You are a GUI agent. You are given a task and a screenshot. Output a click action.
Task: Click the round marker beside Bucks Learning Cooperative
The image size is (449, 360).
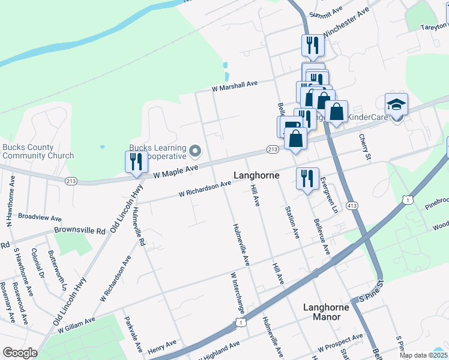(194, 150)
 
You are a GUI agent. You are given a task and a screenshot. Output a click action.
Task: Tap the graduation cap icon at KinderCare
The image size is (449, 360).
(396, 106)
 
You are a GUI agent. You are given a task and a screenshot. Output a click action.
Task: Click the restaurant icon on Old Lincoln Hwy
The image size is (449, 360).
(136, 162)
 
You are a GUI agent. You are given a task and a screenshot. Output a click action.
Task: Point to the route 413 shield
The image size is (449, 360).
(352, 206)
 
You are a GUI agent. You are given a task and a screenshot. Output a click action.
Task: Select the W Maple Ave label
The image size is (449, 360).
(175, 172)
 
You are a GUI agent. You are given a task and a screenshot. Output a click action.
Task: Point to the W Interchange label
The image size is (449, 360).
(238, 293)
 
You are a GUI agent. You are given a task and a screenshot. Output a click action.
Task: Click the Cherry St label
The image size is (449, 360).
(366, 147)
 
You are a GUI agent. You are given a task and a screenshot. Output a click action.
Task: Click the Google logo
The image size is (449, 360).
(20, 353)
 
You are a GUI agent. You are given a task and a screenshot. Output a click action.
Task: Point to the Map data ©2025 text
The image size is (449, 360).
(423, 355)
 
